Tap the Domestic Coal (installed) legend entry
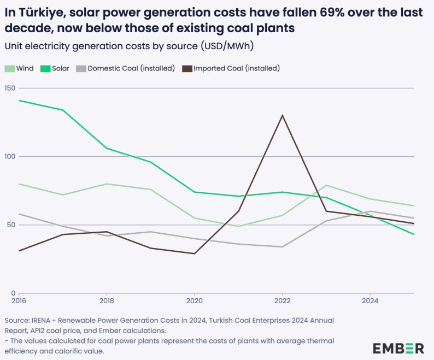(x=125, y=68)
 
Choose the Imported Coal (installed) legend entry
(x=231, y=68)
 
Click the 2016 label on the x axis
(x=19, y=300)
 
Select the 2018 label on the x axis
(x=107, y=300)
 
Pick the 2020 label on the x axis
(x=195, y=300)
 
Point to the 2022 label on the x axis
(x=282, y=300)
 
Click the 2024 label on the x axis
(x=370, y=300)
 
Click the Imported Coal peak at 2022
(x=282, y=115)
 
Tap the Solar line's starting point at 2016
(x=19, y=101)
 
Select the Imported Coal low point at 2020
(x=195, y=253)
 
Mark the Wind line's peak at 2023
(x=326, y=185)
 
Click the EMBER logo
(x=398, y=348)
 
